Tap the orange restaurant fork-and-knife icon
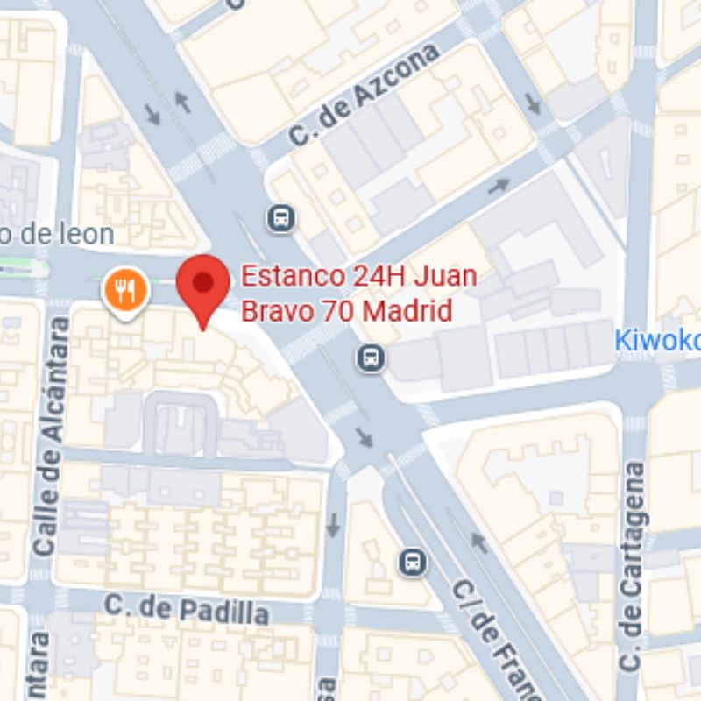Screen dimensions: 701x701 tap(125, 289)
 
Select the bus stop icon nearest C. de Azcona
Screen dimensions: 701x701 tap(281, 216)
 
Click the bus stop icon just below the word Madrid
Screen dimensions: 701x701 tap(371, 357)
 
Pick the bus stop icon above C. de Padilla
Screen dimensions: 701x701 tap(412, 562)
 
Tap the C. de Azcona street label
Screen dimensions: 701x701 tap(365, 96)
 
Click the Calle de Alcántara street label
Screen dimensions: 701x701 tap(50, 435)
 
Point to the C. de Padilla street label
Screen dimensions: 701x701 tap(186, 608)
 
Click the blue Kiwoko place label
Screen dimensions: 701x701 tap(656, 340)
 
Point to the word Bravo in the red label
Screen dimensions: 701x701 tap(266, 311)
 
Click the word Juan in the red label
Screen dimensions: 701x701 tap(445, 277)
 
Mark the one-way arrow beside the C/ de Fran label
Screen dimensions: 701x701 tap(479, 543)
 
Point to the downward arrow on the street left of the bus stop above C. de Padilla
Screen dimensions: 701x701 tap(333, 527)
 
